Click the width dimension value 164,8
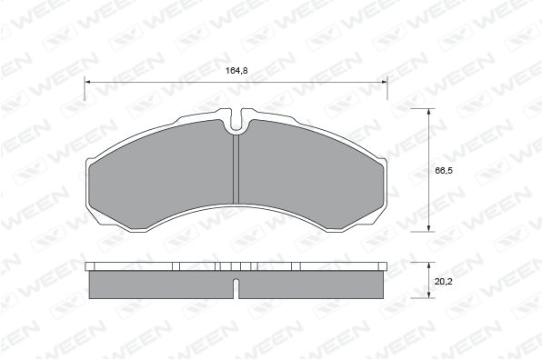coord(236,71)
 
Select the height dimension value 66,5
coord(444,171)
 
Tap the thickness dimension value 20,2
coord(444,282)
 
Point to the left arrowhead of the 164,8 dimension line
coord(87,82)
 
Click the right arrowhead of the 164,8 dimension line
coord(385,82)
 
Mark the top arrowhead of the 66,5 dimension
coord(429,112)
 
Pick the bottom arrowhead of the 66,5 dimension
coord(429,228)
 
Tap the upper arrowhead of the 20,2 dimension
coord(429,265)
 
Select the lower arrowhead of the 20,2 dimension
coord(429,295)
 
